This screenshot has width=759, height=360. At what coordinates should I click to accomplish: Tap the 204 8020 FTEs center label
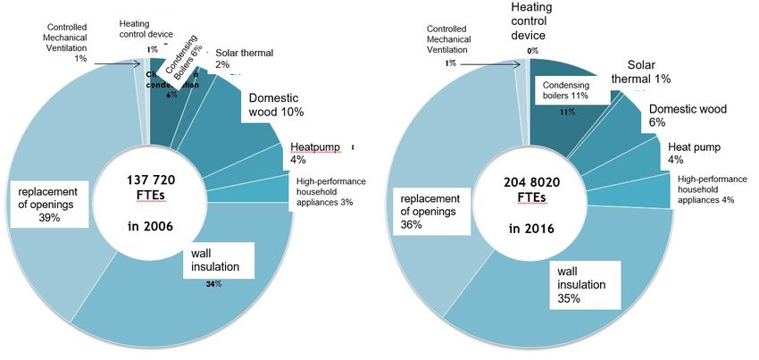pyautogui.click(x=529, y=190)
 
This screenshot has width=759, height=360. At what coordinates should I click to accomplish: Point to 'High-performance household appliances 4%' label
pyautogui.click(x=711, y=188)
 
